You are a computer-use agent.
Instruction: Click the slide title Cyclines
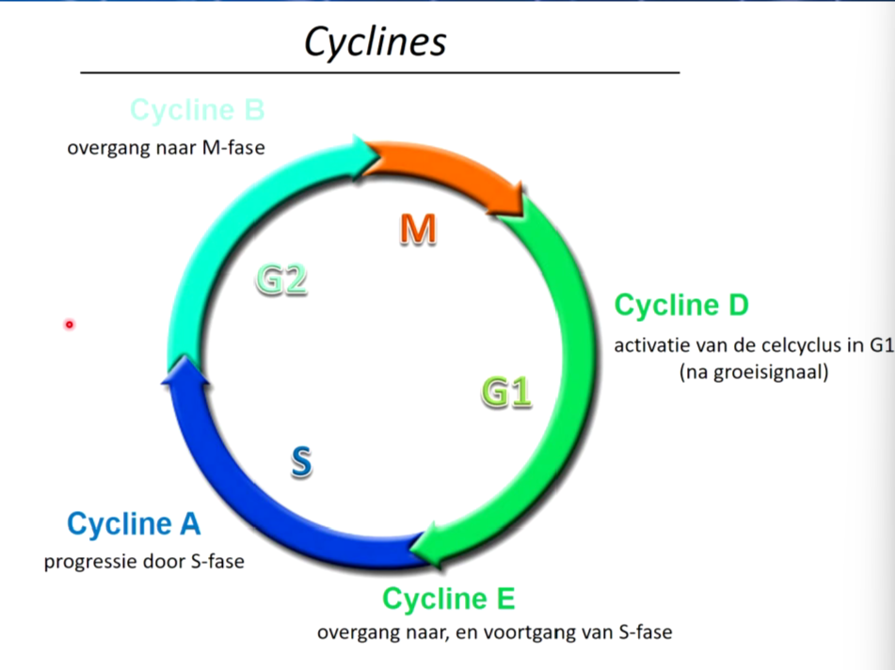pyautogui.click(x=375, y=41)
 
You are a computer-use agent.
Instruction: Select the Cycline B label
pyautogui.click(x=197, y=109)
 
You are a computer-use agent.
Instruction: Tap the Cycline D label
pyautogui.click(x=681, y=305)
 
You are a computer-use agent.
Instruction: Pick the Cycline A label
pyautogui.click(x=134, y=523)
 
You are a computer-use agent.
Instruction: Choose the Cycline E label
pyautogui.click(x=449, y=598)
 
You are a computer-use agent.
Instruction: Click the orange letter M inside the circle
pyautogui.click(x=418, y=230)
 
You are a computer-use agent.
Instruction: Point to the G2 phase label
pyautogui.click(x=281, y=279)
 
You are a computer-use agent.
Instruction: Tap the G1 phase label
pyautogui.click(x=507, y=392)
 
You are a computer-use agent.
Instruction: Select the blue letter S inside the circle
pyautogui.click(x=301, y=461)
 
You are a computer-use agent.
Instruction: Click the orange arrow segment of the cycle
pyautogui.click(x=451, y=169)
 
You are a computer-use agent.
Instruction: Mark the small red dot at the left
pyautogui.click(x=70, y=325)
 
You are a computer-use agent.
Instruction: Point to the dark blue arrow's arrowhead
pyautogui.click(x=185, y=371)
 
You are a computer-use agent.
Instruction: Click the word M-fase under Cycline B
pyautogui.click(x=233, y=148)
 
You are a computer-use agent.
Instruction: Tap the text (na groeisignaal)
pyautogui.click(x=754, y=372)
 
